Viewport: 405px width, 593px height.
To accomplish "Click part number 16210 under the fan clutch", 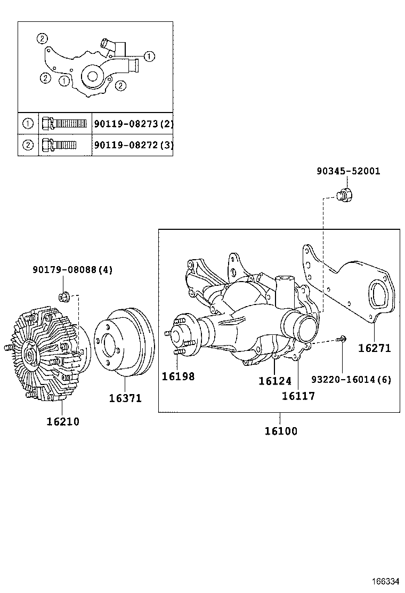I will [63, 421].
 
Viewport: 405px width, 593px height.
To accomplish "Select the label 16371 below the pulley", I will [126, 398].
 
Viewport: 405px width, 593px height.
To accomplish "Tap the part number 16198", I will [179, 376].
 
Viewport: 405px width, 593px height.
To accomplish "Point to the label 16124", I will [275, 381].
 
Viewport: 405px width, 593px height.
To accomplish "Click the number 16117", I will [298, 396].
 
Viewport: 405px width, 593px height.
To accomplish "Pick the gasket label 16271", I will [375, 348].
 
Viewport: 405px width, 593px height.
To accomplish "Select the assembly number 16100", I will [281, 430].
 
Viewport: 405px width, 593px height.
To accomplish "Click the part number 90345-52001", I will [348, 171].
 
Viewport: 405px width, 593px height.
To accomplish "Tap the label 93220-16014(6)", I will [351, 380].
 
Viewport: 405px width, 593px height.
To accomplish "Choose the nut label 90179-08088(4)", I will [72, 270].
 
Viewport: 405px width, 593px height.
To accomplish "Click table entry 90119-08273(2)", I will [133, 124].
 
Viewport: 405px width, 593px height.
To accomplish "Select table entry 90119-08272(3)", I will [133, 145].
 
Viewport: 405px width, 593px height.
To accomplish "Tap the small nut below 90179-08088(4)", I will [63, 295].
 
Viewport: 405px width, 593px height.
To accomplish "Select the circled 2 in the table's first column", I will [28, 145].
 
